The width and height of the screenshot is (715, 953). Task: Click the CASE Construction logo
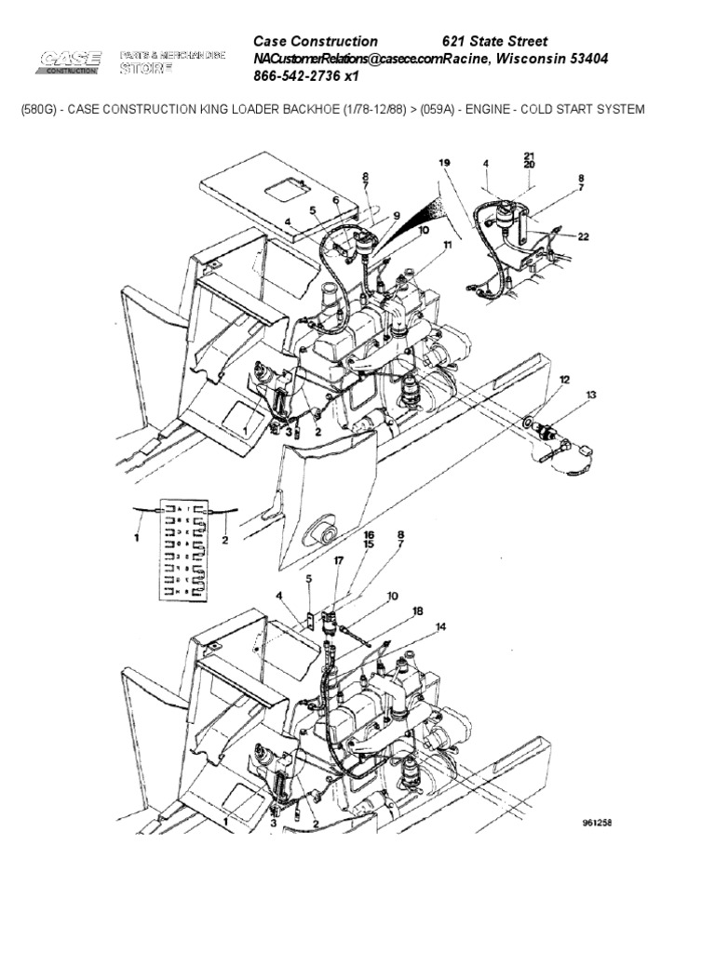70,61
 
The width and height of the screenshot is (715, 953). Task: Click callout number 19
444,162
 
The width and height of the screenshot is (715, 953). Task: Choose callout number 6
336,200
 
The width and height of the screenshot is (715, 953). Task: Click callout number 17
339,561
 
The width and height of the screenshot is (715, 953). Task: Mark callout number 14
440,627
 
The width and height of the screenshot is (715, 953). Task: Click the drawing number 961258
596,823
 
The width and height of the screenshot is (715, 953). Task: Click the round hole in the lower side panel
327,537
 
